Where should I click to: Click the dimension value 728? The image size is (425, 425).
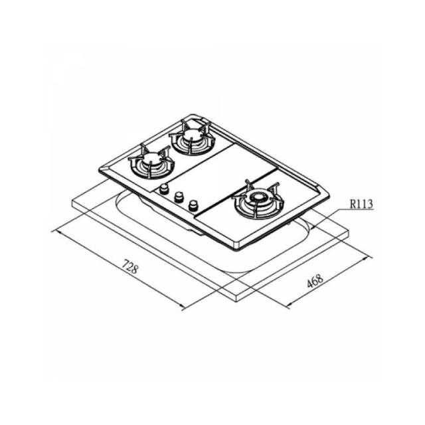pyautogui.click(x=130, y=266)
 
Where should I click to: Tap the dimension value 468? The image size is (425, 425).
pyautogui.click(x=315, y=281)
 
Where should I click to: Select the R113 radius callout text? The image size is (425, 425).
pyautogui.click(x=361, y=204)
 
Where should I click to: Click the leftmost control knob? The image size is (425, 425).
pyautogui.click(x=163, y=189)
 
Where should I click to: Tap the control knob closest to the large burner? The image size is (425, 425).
pyautogui.click(x=193, y=206)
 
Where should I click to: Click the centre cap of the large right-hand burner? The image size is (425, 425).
pyautogui.click(x=258, y=197)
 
